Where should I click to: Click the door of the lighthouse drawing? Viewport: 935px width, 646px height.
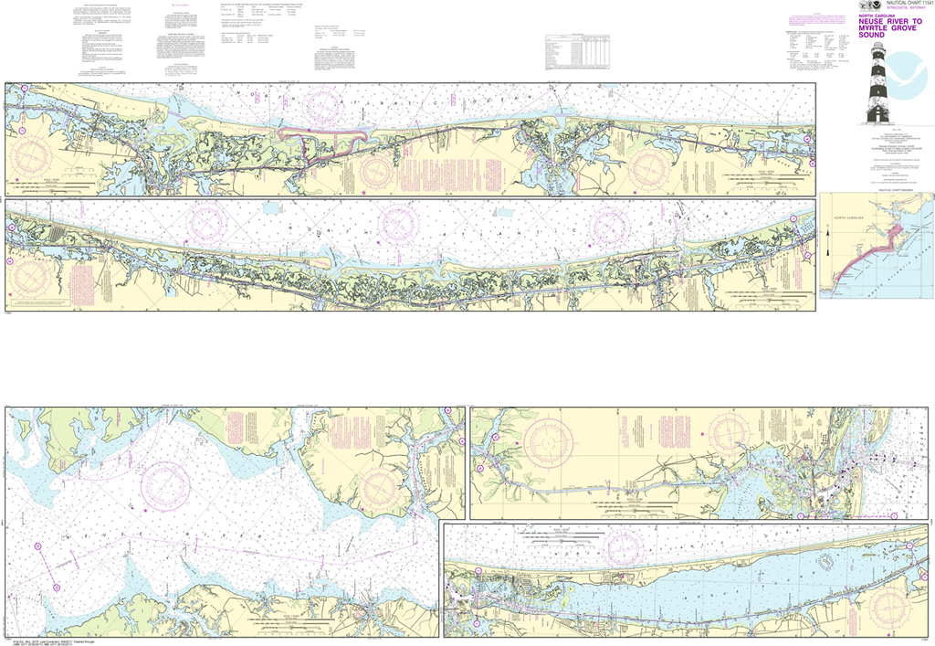click(877, 113)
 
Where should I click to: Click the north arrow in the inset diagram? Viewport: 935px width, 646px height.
click(826, 244)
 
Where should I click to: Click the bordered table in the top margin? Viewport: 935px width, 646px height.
click(576, 51)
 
